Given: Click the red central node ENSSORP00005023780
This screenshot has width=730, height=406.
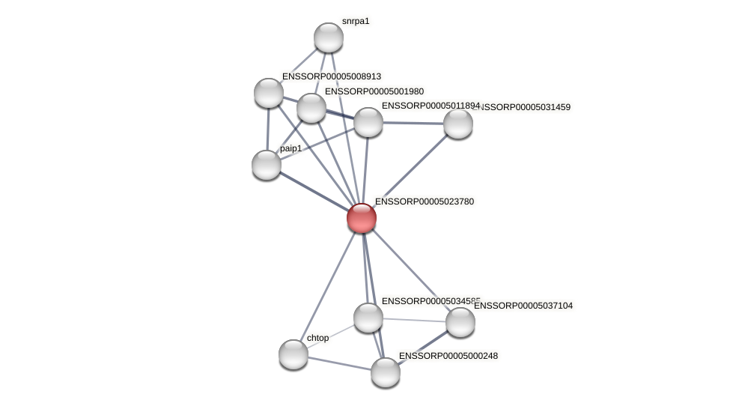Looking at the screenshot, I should coord(362,218).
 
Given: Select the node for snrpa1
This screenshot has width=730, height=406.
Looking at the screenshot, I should coord(329,37).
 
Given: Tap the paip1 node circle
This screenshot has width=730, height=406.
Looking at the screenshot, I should coord(267,165).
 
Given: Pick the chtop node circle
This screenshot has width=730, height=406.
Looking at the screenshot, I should coord(293,354).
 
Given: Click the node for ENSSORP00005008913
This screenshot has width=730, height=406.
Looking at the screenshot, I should coord(269,93).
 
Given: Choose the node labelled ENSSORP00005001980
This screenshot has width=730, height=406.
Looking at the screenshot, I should coord(311,108).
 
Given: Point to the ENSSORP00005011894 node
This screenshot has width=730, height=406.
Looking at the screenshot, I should coord(368,122).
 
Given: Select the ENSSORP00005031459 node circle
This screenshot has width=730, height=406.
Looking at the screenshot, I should coord(458,124).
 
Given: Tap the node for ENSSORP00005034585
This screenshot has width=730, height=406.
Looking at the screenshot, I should coord(368,318).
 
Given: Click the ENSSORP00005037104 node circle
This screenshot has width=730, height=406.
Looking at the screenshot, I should coord(460,322).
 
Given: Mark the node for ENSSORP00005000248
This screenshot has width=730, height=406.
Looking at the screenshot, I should coord(386,372).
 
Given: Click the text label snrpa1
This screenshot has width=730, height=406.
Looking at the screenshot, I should coord(356,21).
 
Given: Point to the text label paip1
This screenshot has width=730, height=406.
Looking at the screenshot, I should coord(291,148).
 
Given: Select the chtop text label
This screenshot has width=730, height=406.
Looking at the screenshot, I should coord(317,338).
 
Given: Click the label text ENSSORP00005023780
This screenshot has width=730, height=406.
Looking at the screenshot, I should coord(425,202).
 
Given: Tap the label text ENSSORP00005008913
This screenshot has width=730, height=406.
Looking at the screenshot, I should coord(332,76).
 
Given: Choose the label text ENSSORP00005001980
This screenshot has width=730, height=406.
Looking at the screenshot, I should coord(374,91).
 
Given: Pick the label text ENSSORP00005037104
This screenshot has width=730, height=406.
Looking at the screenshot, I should coord(523,306).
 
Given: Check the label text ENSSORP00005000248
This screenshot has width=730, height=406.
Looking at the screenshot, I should coord(448,356).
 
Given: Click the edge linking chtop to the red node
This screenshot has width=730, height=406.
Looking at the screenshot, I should coord(327,286).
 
